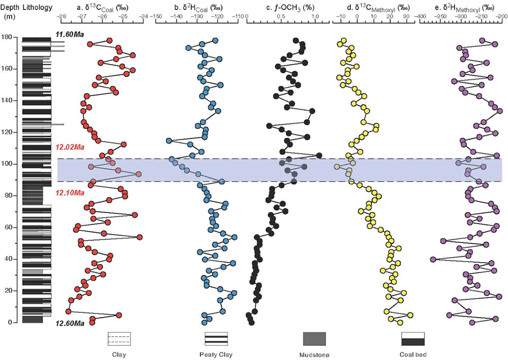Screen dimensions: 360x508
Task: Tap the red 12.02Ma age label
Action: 69,147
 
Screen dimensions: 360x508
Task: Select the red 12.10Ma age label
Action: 69,192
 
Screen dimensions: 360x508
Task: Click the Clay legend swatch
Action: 119,339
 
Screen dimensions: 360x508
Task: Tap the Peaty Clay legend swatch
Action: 216,339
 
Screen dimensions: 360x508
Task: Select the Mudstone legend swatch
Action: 314,339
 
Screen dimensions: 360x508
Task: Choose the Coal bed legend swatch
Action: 413,339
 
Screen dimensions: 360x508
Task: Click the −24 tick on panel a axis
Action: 143,17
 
